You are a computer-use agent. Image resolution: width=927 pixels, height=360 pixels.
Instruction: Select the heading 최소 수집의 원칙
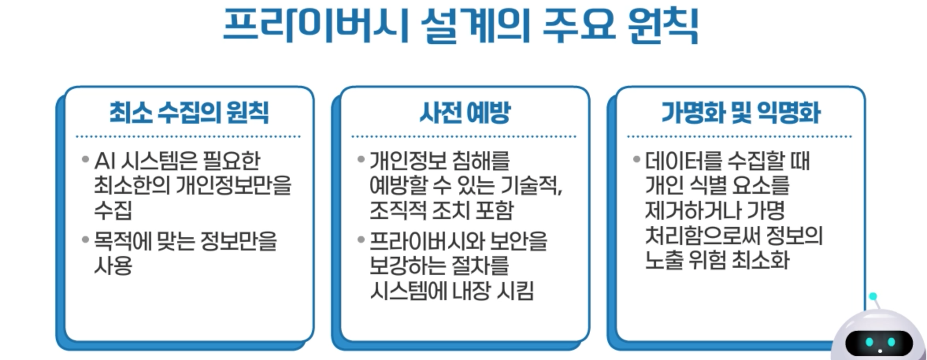pyautogui.click(x=189, y=113)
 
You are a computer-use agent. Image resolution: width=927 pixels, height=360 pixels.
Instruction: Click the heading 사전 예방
pyautogui.click(x=465, y=113)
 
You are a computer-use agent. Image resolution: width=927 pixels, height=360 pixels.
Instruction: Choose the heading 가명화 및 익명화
pyautogui.click(x=740, y=113)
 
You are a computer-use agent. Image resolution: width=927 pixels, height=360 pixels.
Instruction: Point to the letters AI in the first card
pyautogui.click(x=105, y=161)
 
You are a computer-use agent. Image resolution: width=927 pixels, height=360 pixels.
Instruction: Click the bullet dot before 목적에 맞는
pyautogui.click(x=85, y=239)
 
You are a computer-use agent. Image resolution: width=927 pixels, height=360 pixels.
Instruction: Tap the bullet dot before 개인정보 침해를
pyautogui.click(x=361, y=160)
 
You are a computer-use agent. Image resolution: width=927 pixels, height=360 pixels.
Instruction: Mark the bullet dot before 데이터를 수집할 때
pyautogui.click(x=636, y=160)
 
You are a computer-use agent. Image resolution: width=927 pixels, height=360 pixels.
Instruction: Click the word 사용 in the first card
pyautogui.click(x=113, y=265)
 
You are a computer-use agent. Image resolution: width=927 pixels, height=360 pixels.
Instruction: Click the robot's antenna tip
pyautogui.click(x=873, y=296)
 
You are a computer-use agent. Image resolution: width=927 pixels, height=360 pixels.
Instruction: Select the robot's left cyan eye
pyautogui.click(x=870, y=342)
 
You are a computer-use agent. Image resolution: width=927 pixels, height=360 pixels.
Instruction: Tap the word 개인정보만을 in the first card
pyautogui.click(x=233, y=186)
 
